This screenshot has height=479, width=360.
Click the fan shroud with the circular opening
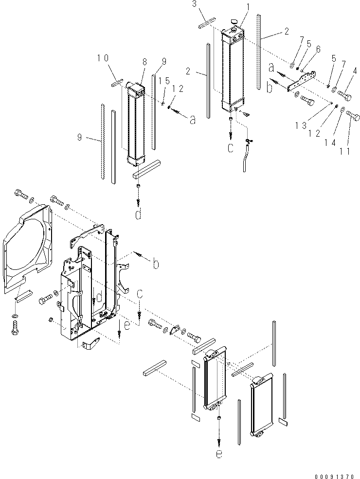[x=27, y=248]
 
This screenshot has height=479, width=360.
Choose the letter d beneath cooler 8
[x=139, y=214]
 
